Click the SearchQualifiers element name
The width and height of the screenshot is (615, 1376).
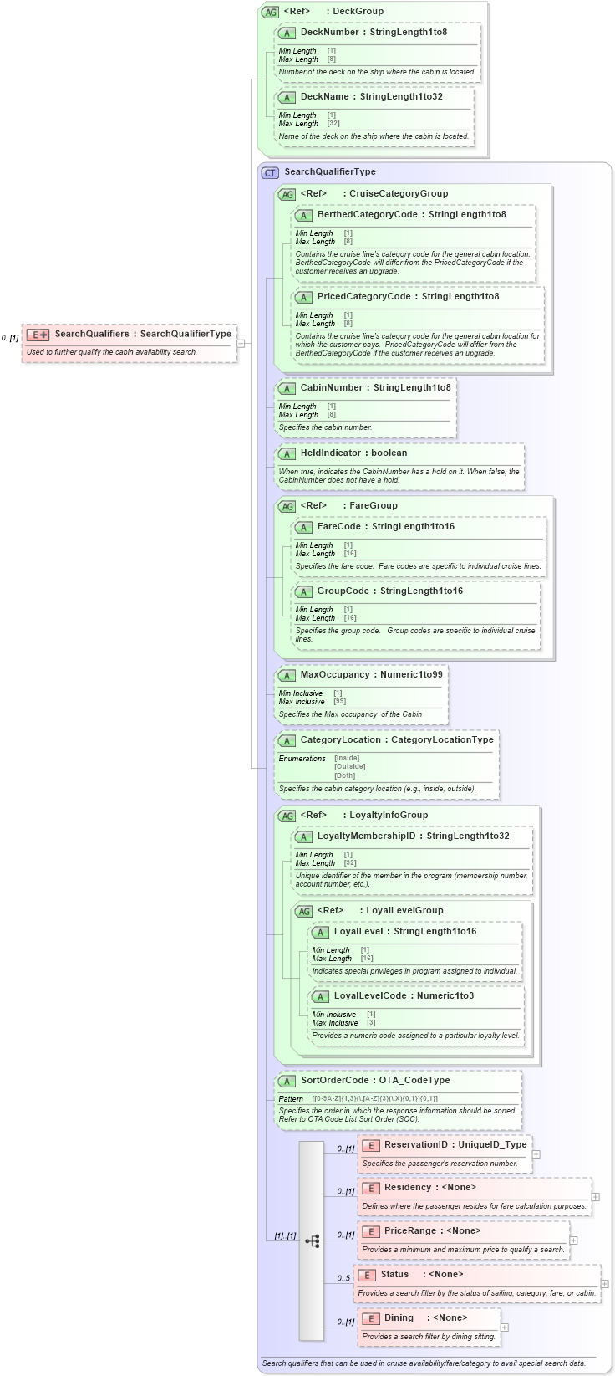(x=92, y=334)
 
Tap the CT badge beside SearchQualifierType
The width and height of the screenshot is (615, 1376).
(x=270, y=172)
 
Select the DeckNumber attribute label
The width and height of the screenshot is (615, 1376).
(x=329, y=33)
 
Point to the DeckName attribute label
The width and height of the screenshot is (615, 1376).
(x=324, y=97)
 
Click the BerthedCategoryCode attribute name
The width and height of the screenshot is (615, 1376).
(x=367, y=215)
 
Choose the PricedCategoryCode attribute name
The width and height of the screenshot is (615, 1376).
(x=363, y=297)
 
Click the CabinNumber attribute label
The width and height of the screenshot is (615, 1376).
(x=332, y=388)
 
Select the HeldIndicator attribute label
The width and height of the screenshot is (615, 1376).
(x=330, y=453)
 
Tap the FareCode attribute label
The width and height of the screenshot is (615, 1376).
(x=338, y=527)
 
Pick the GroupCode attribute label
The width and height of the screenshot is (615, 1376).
(x=343, y=591)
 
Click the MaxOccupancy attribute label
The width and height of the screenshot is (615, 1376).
(x=334, y=675)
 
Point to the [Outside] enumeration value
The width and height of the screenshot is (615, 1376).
(x=349, y=767)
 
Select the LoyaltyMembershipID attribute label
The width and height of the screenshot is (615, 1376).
(x=366, y=836)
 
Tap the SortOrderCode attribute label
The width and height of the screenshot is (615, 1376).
(x=334, y=1081)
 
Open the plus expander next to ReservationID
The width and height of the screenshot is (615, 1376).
(x=536, y=1154)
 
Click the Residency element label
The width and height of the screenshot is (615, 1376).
(x=408, y=1188)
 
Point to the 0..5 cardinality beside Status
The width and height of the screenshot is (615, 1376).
(x=343, y=1278)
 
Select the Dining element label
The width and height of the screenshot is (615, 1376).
(x=399, y=1318)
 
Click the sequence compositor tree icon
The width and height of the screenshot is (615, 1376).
(x=312, y=1241)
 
